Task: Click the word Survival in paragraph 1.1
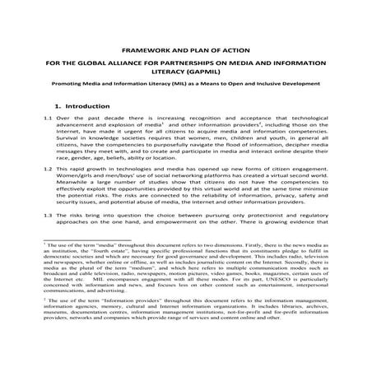point(72,142)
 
